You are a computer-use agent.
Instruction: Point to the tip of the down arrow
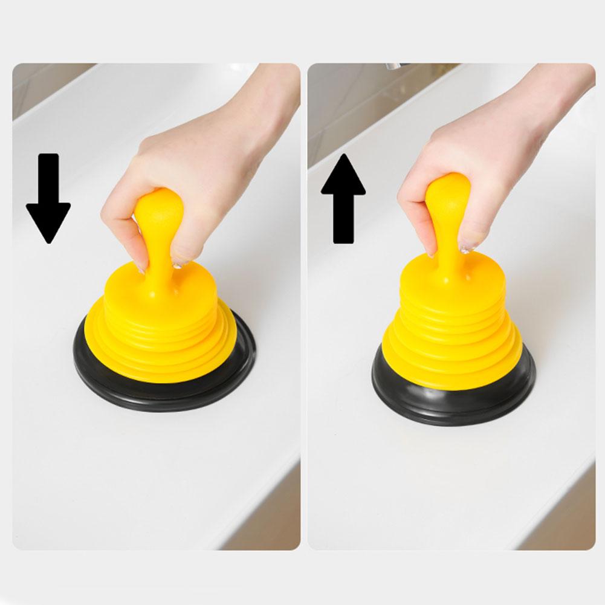click(48, 241)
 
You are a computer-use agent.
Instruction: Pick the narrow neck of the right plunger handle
click(448, 248)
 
